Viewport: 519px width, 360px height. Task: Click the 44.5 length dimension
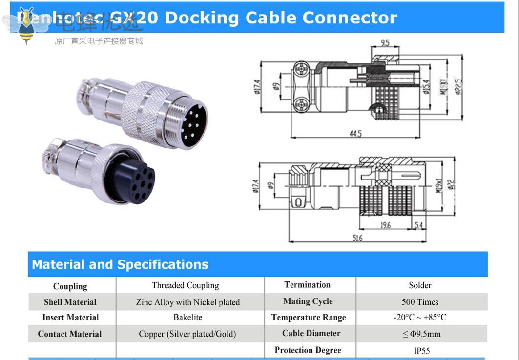[355, 133]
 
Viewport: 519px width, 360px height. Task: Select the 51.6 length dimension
[357, 238]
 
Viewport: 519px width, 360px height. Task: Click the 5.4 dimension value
[418, 225]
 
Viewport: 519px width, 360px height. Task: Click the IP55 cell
[421, 351]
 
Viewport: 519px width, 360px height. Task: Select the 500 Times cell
[420, 302]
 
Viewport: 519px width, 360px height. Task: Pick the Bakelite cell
[187, 317]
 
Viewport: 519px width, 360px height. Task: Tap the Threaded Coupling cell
[185, 285]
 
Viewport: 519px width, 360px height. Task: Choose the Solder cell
[420, 285]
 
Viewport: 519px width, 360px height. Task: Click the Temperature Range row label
[309, 318]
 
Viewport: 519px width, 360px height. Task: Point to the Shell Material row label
[70, 302]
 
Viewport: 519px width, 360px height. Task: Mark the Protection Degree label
[308, 350]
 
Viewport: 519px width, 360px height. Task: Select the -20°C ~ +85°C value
[420, 318]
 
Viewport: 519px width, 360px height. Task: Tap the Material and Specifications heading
[120, 264]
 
